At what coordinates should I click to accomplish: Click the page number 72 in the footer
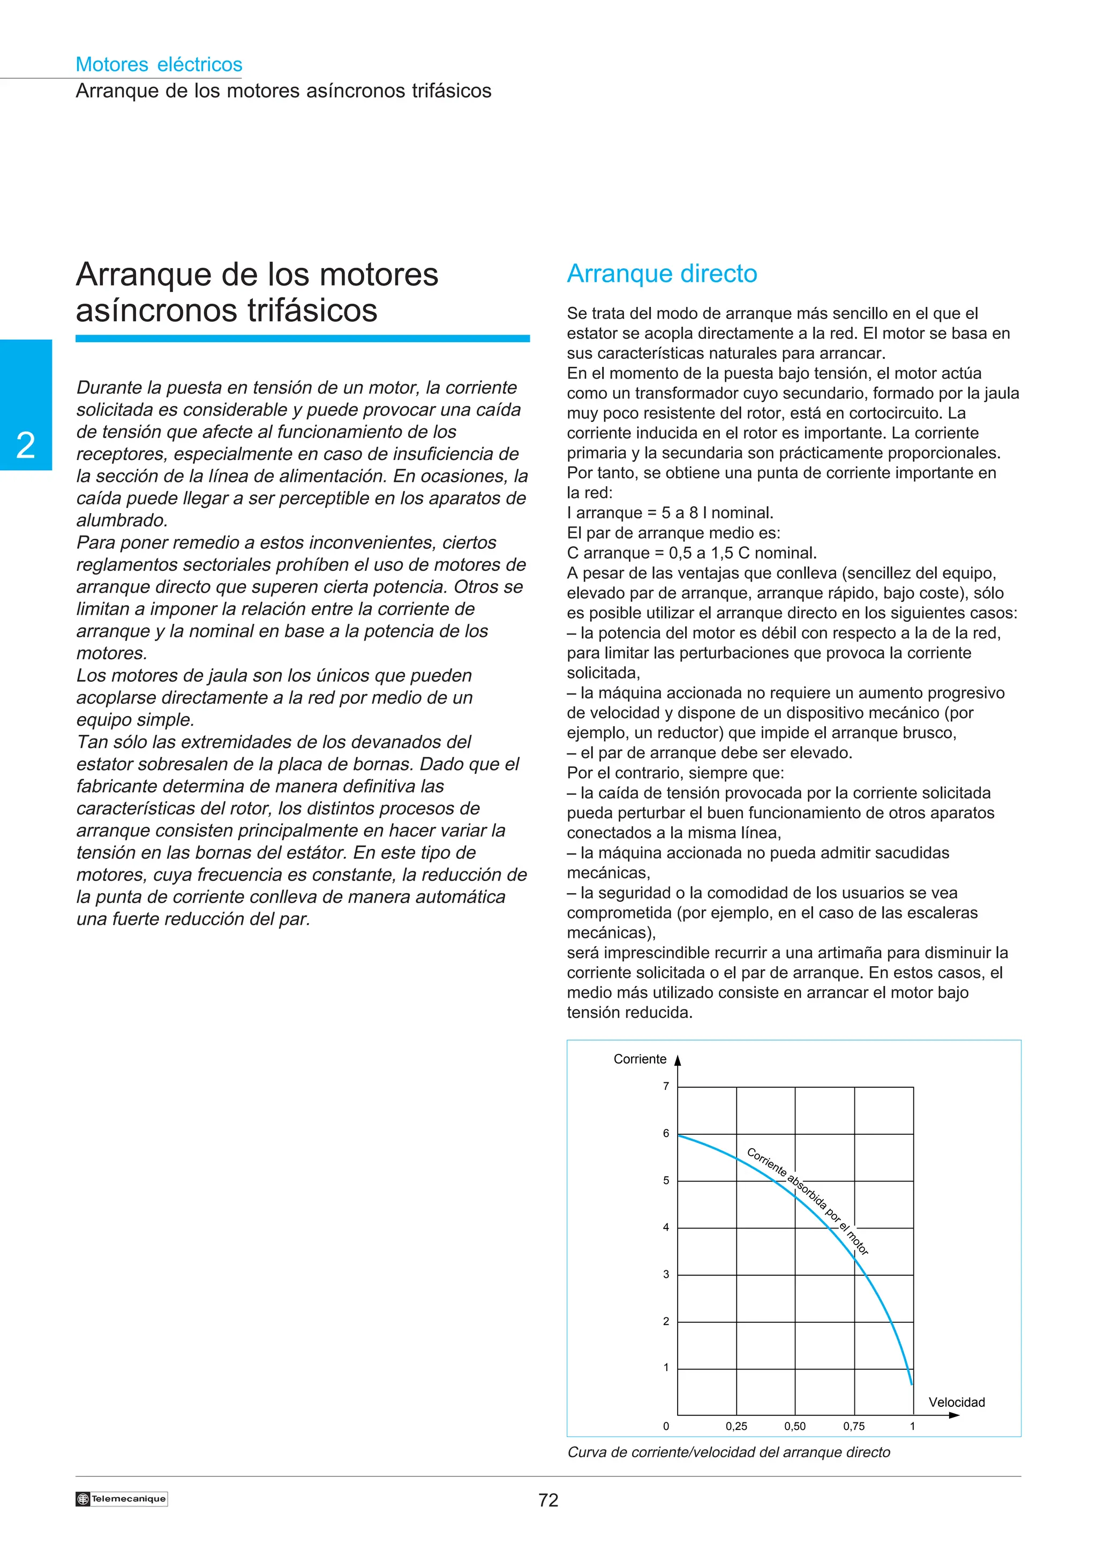click(x=548, y=1500)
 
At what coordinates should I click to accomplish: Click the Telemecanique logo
click(x=122, y=1498)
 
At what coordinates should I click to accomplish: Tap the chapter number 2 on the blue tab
click(x=26, y=446)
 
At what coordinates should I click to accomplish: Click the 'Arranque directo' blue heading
click(x=662, y=274)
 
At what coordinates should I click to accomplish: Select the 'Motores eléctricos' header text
click(x=159, y=64)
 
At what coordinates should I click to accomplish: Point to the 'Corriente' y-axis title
click(x=640, y=1059)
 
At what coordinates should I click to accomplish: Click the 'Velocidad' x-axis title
click(x=957, y=1402)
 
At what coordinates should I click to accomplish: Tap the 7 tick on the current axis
click(x=666, y=1086)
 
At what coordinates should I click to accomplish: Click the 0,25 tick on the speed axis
click(x=736, y=1426)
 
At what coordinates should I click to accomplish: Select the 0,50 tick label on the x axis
click(x=795, y=1426)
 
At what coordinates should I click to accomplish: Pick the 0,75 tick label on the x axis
click(x=854, y=1426)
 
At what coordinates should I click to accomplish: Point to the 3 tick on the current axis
click(x=666, y=1274)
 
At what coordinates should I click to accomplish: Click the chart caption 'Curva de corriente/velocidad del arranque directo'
click(x=728, y=1452)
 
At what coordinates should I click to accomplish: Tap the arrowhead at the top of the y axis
click(x=677, y=1060)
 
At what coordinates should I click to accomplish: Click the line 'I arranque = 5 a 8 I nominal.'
click(x=670, y=513)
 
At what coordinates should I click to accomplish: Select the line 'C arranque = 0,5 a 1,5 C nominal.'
click(x=692, y=553)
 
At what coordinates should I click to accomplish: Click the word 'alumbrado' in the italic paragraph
click(x=121, y=521)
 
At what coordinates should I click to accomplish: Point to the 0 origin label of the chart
click(x=666, y=1426)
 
